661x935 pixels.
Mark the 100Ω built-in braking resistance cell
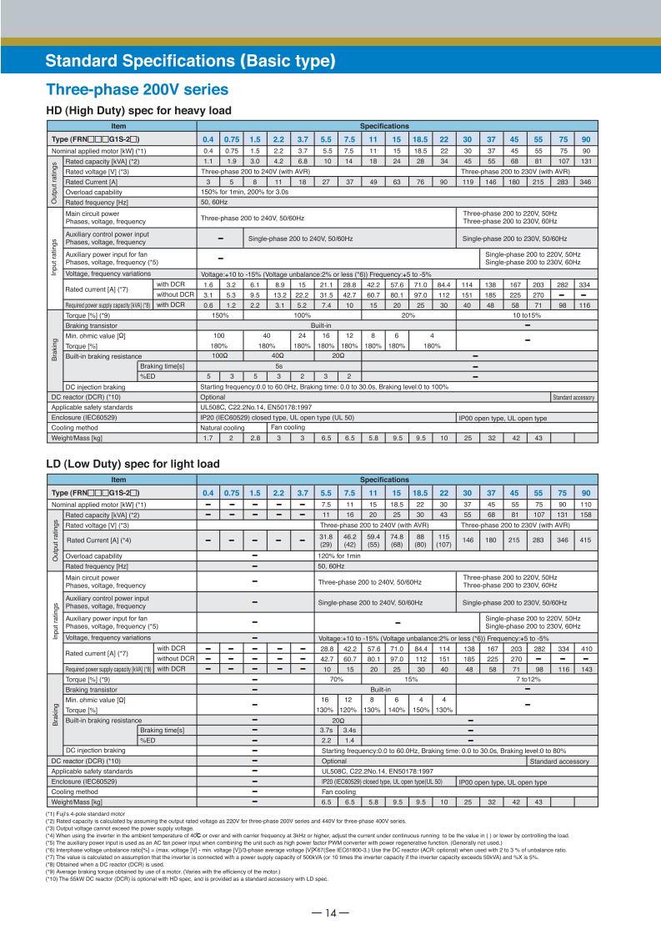click(x=221, y=355)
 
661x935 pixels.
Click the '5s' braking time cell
click(x=278, y=365)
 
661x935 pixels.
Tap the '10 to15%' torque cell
click(x=526, y=316)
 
